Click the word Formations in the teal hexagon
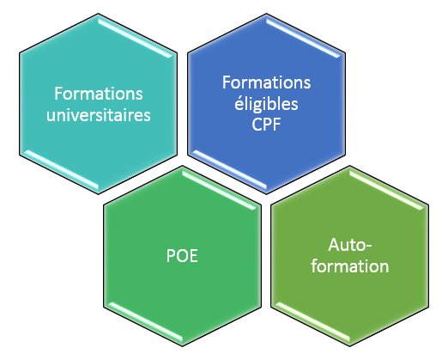click(99, 94)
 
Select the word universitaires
click(99, 115)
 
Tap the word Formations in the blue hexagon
click(266, 82)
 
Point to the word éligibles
click(266, 104)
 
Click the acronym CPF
click(266, 125)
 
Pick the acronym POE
click(182, 256)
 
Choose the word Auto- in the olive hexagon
click(350, 245)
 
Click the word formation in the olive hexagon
click(350, 266)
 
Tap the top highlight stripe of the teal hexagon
click(136, 38)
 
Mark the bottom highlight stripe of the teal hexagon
click(61, 170)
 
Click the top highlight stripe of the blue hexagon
click(304, 38)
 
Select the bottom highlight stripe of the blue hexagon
click(229, 170)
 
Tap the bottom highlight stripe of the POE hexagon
click(145, 322)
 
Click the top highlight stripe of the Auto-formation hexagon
click(387, 190)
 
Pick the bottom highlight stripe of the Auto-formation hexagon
click(312, 322)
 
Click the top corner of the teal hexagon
click(99, 14)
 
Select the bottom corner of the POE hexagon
click(183, 346)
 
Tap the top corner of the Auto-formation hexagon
click(349, 166)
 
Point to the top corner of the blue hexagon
click(266, 14)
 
